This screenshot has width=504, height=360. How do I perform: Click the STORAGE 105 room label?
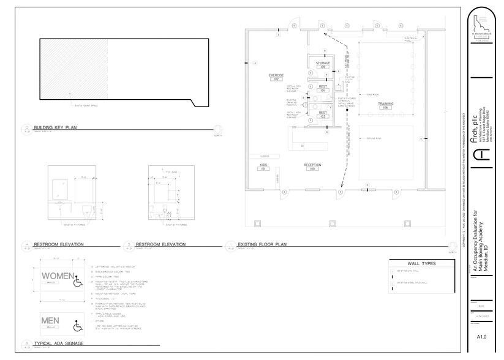(x=323, y=64)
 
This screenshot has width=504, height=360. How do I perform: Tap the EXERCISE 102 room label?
(x=276, y=77)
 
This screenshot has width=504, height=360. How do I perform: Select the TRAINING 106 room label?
(x=385, y=106)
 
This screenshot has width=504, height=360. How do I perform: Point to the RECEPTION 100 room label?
(x=312, y=167)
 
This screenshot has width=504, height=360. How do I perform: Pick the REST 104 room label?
(x=323, y=88)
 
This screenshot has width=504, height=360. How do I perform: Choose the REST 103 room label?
(x=323, y=114)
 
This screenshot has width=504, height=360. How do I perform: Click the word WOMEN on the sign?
(x=58, y=276)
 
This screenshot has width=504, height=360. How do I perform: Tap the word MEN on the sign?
(x=50, y=321)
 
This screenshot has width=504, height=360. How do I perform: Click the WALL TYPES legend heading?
(x=421, y=263)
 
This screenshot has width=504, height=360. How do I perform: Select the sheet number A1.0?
(x=481, y=336)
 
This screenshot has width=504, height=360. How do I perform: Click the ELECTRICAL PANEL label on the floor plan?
(x=411, y=39)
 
